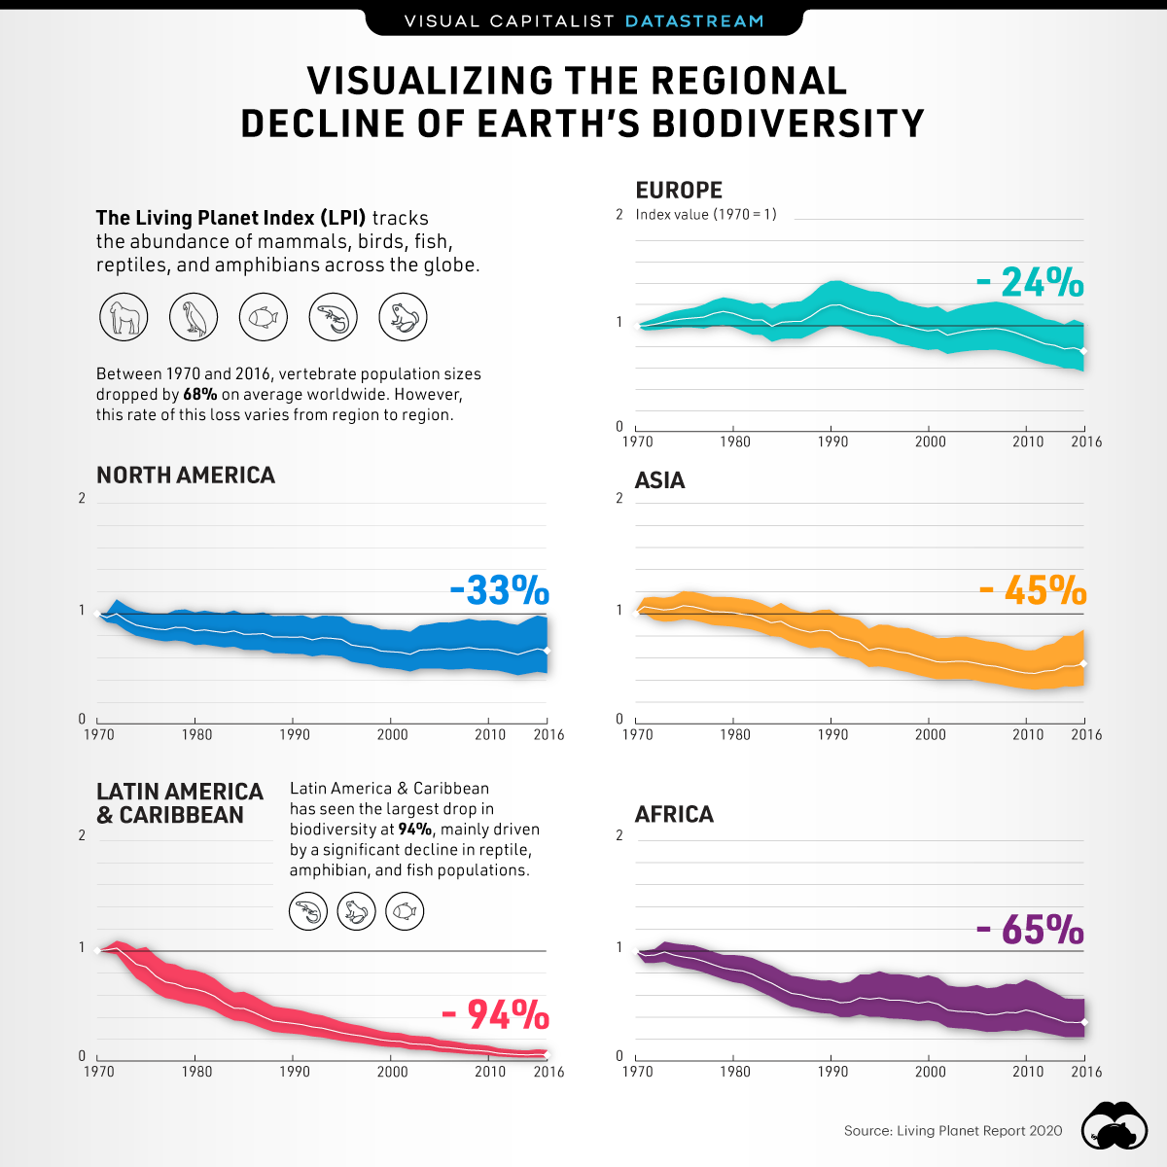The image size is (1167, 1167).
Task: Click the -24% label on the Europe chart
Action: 1029,283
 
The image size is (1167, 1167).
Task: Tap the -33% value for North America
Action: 499,590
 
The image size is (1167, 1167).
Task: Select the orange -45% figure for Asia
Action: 1032,590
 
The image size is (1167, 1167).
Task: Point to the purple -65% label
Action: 1029,931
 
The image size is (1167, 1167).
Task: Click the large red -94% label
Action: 495,1015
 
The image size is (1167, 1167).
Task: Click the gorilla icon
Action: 124,317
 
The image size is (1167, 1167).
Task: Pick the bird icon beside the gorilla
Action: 194,317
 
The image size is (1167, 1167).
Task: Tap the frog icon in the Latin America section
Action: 356,912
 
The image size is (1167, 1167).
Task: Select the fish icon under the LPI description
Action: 264,317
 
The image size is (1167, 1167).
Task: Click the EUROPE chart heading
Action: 679,191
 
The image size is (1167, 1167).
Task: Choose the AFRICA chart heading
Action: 674,814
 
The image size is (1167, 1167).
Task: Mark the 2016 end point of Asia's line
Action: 1083,663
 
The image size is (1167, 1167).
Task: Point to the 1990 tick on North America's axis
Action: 295,734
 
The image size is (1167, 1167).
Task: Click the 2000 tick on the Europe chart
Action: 930,442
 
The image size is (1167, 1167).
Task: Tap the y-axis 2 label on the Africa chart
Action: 619,835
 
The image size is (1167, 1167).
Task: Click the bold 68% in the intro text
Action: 199,395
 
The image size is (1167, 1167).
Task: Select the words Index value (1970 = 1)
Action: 706,214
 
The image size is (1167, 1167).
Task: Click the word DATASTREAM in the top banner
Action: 694,20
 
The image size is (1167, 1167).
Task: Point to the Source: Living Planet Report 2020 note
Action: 953,1130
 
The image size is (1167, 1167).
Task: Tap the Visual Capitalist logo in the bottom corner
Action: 1115,1127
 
